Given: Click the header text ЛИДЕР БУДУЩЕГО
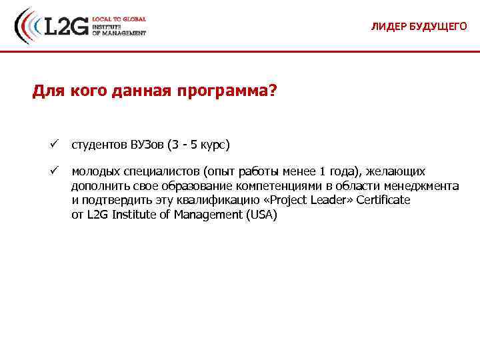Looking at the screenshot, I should coord(419,27).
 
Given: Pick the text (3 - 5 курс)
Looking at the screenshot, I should coord(199,144).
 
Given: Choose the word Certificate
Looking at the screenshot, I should coord(383,200).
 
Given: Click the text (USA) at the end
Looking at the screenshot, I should coord(261,215).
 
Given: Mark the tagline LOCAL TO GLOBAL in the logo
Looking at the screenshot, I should coord(119,19).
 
